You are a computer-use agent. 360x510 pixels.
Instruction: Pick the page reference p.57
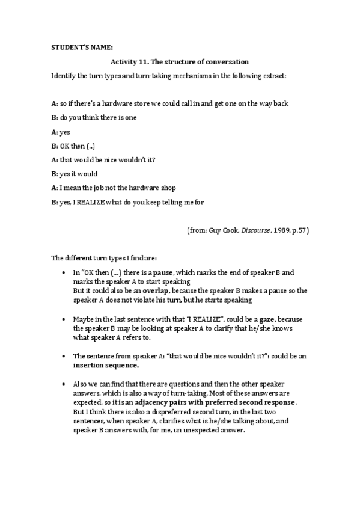click(x=298, y=230)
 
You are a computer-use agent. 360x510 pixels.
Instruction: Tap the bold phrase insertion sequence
click(x=105, y=364)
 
